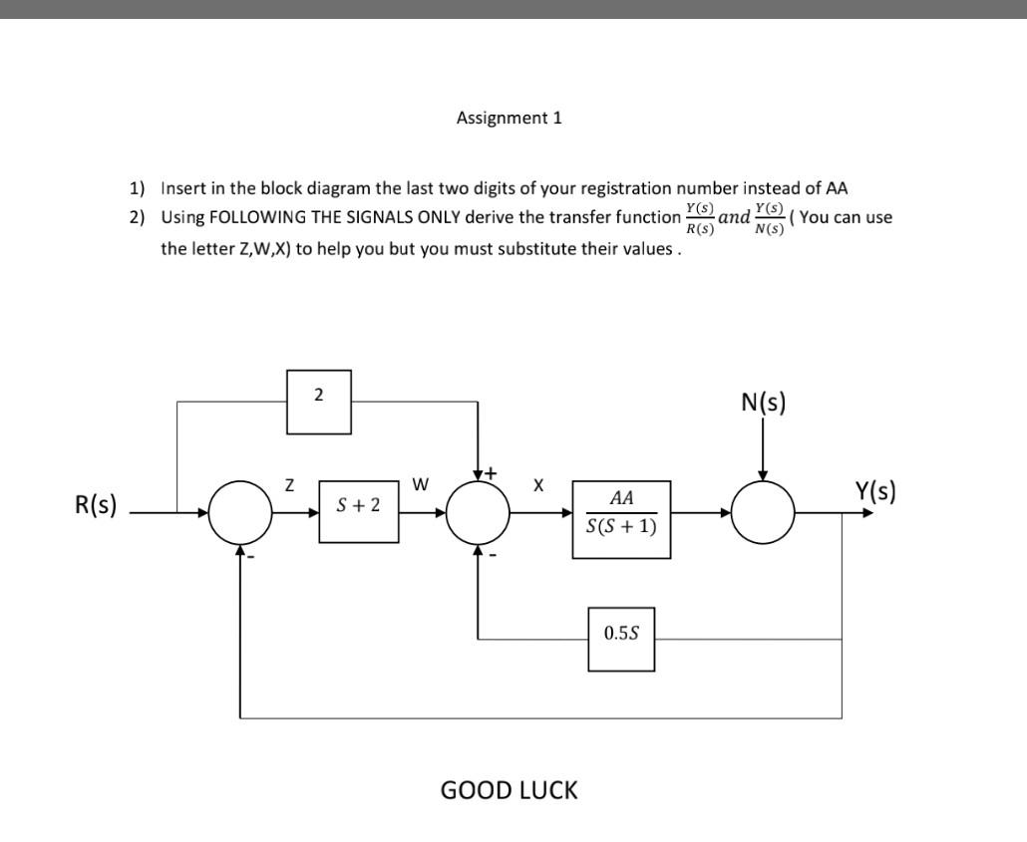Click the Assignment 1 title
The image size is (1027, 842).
509,118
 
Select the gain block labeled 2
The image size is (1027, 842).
318,403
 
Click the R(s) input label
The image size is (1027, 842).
96,505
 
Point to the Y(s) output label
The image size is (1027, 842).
875,491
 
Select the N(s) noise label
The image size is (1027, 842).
763,403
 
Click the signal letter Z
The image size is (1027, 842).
289,485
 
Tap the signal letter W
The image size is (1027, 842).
420,485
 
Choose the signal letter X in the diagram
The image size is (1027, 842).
538,485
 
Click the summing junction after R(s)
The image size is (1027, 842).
240,513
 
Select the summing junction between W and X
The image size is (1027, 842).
479,513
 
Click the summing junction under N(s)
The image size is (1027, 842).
764,513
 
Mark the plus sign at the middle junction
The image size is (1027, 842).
491,472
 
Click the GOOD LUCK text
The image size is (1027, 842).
509,790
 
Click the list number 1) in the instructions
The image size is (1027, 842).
137,187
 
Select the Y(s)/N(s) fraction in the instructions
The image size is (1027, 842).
769,218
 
